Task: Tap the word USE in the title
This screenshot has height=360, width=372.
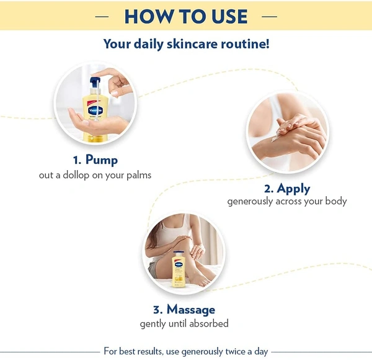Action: [229, 16]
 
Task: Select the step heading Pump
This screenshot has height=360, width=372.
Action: [102, 160]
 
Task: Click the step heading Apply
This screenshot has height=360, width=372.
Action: [293, 189]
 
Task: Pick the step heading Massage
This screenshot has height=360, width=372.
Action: [191, 310]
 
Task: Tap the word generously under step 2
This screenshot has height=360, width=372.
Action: [250, 202]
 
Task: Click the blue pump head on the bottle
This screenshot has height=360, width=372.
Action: [95, 83]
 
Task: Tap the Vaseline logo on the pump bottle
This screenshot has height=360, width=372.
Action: [95, 110]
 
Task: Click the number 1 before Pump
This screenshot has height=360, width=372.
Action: [77, 160]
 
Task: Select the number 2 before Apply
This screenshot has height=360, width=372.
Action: [269, 189]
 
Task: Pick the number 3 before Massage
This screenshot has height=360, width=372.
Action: [157, 310]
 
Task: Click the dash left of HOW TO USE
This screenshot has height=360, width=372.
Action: [102, 17]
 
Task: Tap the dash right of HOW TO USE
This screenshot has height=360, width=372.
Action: [270, 17]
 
